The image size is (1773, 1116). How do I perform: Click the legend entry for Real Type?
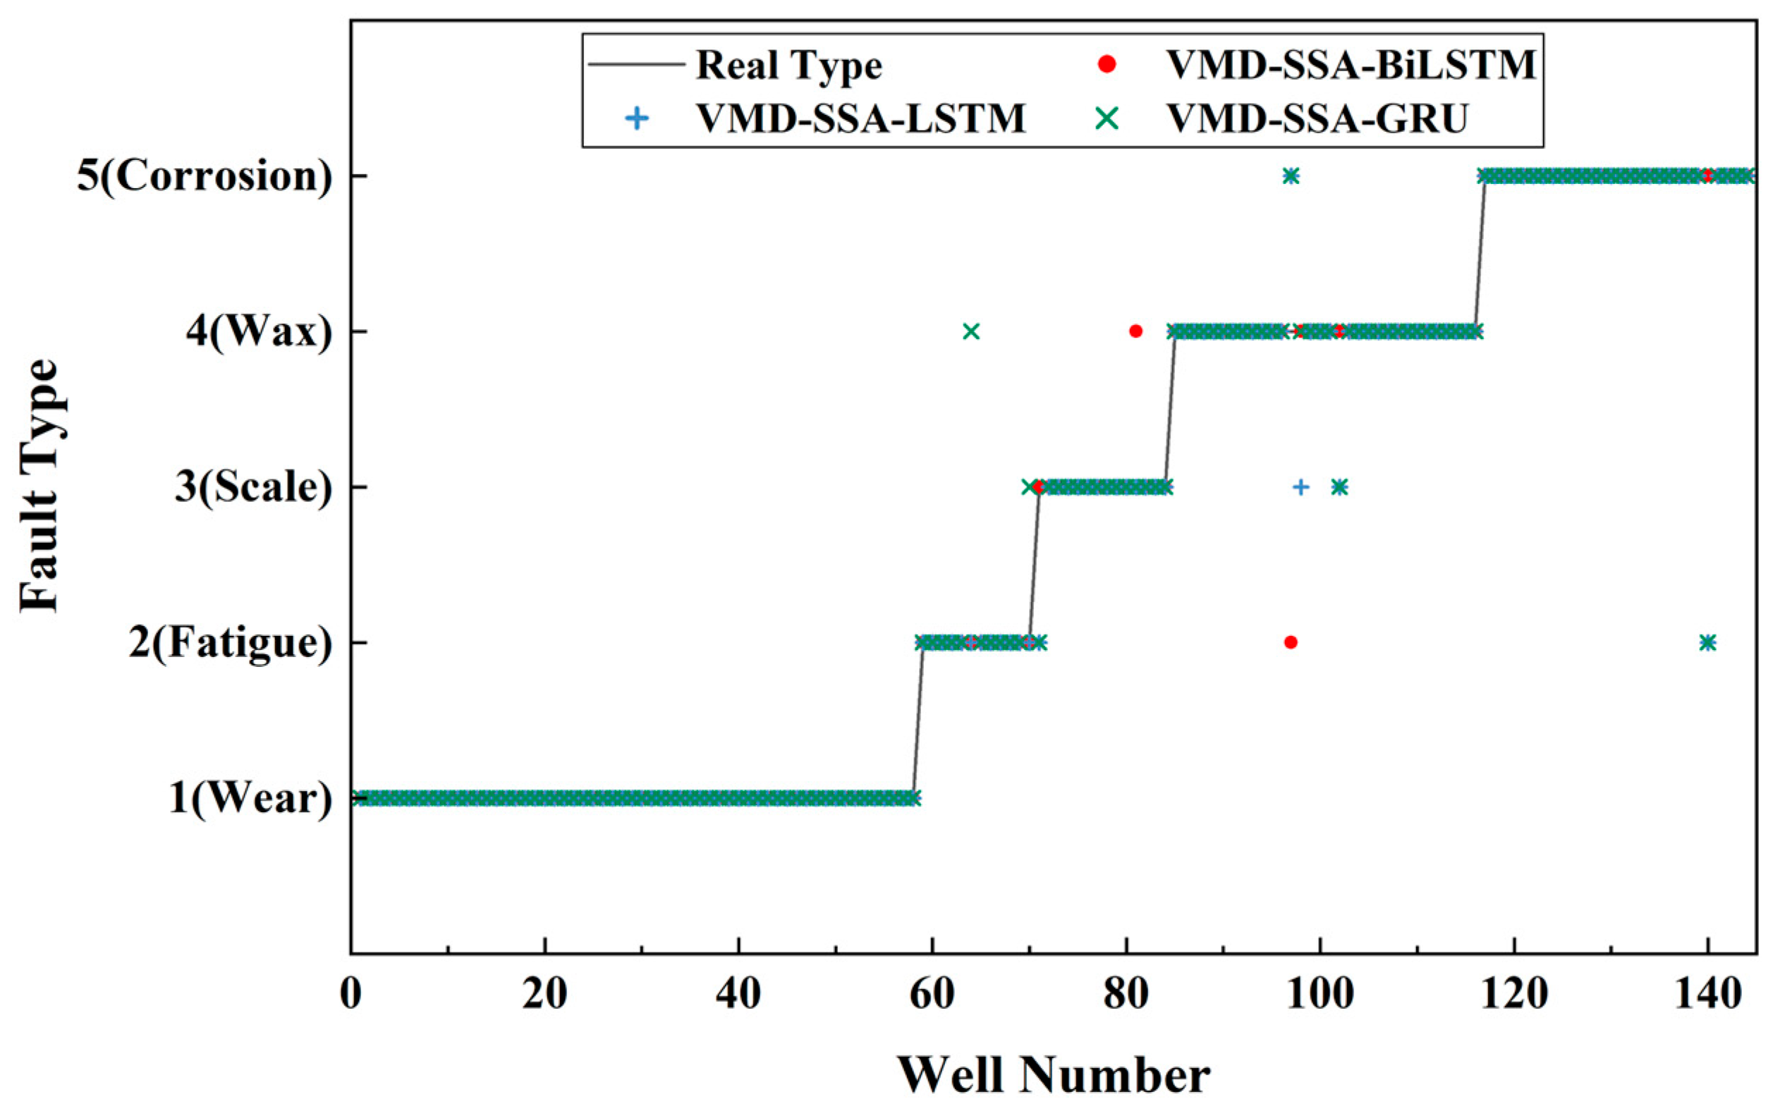pyautogui.click(x=788, y=66)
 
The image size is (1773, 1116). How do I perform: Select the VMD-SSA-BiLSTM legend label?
pyautogui.click(x=1351, y=66)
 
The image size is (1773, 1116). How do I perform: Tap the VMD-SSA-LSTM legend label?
pyautogui.click(x=860, y=118)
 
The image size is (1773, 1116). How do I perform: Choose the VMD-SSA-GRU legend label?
pyautogui.click(x=1317, y=118)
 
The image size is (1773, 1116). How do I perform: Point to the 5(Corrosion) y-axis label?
pyautogui.click(x=205, y=176)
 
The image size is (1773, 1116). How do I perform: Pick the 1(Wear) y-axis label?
pyautogui.click(x=251, y=798)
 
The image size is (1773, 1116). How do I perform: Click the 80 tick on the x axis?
pyautogui.click(x=1126, y=995)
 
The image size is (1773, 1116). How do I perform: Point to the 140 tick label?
pyautogui.click(x=1707, y=995)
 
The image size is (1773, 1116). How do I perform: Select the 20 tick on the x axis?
pyautogui.click(x=544, y=995)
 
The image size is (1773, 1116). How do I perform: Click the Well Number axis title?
pyautogui.click(x=1053, y=1076)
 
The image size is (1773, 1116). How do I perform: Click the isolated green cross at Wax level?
pyautogui.click(x=971, y=332)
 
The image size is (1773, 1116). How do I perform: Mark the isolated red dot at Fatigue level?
pyautogui.click(x=1291, y=643)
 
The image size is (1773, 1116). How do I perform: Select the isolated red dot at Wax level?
pyautogui.click(x=1135, y=331)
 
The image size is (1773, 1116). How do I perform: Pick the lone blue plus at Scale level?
pyautogui.click(x=1301, y=487)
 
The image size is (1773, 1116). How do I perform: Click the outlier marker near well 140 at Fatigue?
pyautogui.click(x=1708, y=643)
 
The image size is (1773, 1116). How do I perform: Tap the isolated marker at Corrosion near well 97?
pyautogui.click(x=1291, y=176)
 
